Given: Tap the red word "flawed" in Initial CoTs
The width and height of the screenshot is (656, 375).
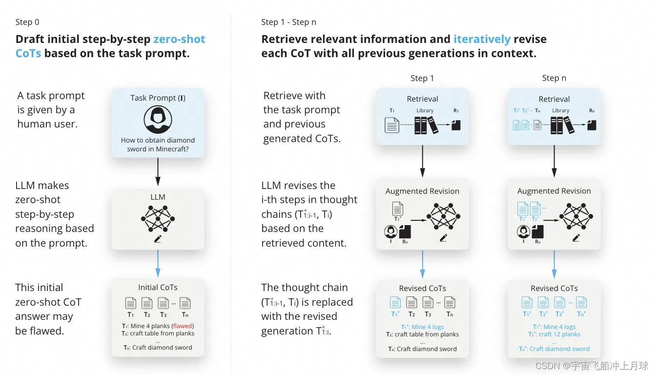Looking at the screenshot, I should tap(183, 326).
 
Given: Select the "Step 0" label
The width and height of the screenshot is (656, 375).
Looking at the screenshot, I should tap(27, 22).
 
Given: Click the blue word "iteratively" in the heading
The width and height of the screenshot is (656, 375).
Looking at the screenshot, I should tap(482, 39).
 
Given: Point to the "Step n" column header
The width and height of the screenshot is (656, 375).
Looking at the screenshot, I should tap(554, 78).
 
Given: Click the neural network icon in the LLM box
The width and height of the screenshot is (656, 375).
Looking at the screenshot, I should tap(158, 218).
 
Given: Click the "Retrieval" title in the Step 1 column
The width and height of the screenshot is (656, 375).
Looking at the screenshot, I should tap(422, 99).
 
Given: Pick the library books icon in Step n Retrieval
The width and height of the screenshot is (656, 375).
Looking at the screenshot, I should tap(562, 125).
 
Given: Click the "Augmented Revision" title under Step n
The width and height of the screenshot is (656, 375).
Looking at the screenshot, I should tap(554, 191).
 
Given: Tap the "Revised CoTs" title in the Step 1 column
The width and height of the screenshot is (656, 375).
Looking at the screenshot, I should tap(422, 288).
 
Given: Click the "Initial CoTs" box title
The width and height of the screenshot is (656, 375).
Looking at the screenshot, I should tap(158, 288).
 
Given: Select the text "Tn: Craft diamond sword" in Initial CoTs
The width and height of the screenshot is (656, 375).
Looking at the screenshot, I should tap(158, 348).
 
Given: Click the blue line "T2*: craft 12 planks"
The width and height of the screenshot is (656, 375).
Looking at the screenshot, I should tap(554, 334).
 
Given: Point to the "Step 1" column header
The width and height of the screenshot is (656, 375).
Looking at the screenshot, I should tap(422, 78).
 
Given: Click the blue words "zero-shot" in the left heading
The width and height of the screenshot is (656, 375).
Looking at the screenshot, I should tap(179, 39).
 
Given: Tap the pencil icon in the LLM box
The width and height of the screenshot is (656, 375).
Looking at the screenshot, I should tap(158, 239).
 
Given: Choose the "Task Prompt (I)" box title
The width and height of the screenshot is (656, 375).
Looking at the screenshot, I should tap(158, 98).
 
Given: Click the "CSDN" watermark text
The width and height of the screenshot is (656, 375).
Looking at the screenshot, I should tap(547, 366).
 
